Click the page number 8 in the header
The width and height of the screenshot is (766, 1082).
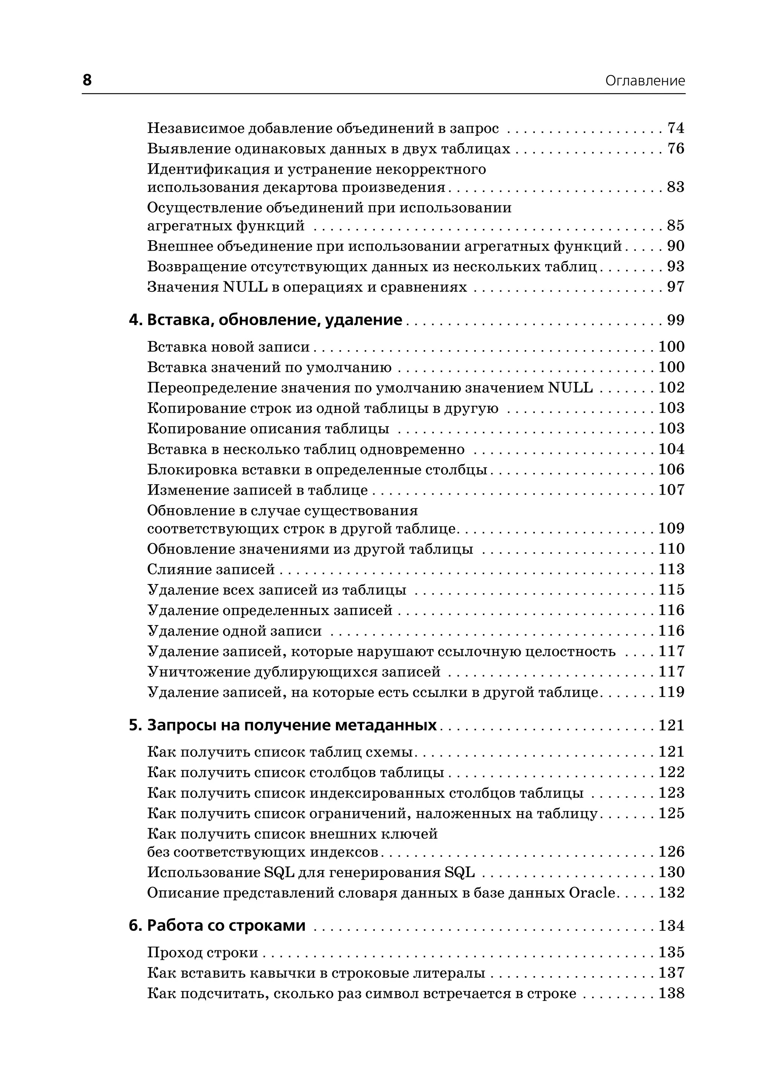(87, 80)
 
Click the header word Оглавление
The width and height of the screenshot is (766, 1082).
(644, 81)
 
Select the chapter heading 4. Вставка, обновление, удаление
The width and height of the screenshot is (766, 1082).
(266, 320)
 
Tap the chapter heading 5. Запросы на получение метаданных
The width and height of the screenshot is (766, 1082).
(283, 725)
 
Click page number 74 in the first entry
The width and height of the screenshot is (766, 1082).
(675, 128)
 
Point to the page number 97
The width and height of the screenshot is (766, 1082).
(675, 287)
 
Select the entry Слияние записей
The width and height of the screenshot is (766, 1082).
(211, 569)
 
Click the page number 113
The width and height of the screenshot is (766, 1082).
(671, 569)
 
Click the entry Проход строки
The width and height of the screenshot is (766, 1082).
(203, 952)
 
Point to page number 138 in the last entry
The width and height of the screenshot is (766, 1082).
(671, 993)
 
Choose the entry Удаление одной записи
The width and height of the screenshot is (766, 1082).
(235, 631)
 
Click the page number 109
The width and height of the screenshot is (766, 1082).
(671, 529)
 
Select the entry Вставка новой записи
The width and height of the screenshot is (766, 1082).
(228, 347)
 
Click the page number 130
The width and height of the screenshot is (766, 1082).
(671, 872)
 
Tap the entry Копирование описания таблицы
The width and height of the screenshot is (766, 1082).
(268, 428)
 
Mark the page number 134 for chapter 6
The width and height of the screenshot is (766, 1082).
(671, 926)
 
